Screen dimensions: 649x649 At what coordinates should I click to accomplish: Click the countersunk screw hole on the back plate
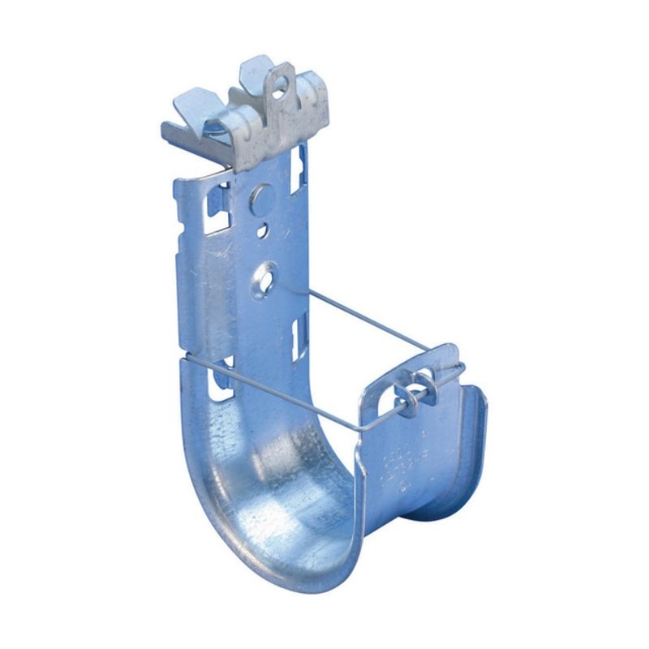tap(264, 277)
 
